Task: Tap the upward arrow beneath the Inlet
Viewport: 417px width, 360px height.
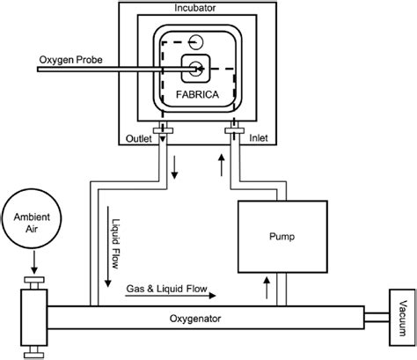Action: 221,162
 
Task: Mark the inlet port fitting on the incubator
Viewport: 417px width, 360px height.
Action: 232,133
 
